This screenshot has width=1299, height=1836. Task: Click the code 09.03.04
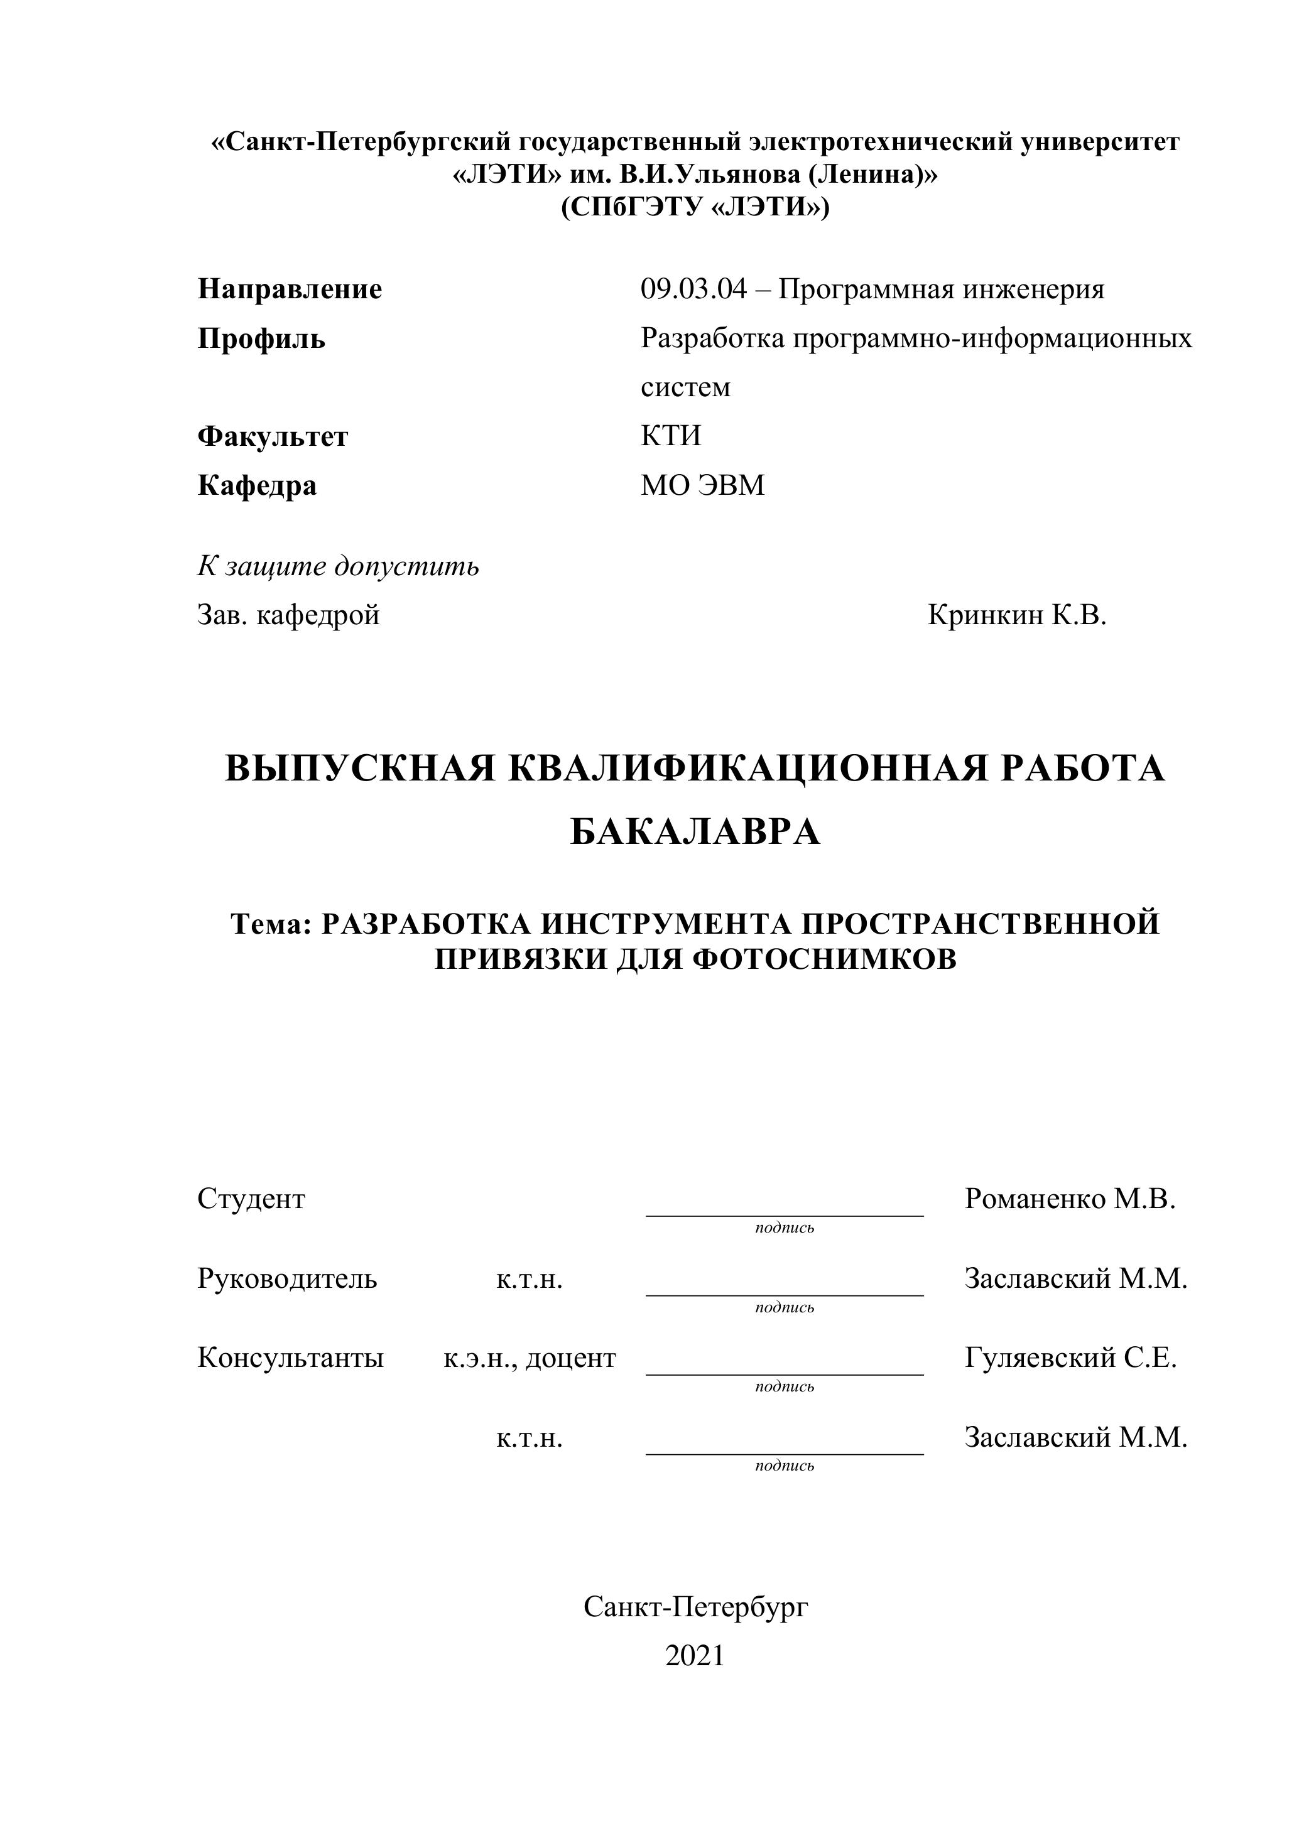(x=693, y=289)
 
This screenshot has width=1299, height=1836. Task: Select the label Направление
(x=290, y=289)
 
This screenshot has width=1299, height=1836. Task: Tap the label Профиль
(x=261, y=339)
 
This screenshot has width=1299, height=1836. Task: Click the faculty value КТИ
(x=670, y=436)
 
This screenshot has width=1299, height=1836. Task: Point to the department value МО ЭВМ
(x=702, y=485)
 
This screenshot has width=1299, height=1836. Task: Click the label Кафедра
(x=257, y=485)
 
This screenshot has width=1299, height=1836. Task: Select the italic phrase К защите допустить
(x=339, y=566)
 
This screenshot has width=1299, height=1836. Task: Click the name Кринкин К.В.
(x=1016, y=615)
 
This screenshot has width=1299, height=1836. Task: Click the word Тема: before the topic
(x=270, y=924)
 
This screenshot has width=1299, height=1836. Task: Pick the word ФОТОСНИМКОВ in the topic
(x=824, y=959)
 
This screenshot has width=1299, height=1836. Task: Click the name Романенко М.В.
(x=1070, y=1199)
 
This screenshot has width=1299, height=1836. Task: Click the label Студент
(x=251, y=1199)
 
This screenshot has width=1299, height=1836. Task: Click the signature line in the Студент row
(x=784, y=1214)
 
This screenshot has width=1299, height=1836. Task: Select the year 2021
(x=694, y=1655)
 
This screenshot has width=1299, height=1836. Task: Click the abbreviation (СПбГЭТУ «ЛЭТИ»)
(x=695, y=207)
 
